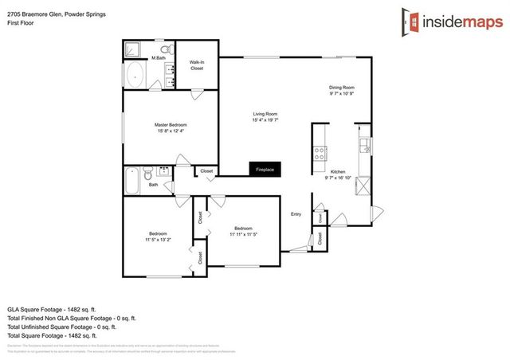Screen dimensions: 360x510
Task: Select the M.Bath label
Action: point(159,57)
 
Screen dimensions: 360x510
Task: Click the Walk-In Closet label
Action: point(196,65)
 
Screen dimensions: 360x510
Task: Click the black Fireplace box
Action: point(264,170)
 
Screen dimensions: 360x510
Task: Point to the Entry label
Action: point(296,213)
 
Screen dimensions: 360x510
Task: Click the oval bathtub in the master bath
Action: point(135,77)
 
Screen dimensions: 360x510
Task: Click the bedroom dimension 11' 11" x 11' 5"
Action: point(244,233)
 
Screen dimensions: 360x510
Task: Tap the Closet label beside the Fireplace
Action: point(206,171)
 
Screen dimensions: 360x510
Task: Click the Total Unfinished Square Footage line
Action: point(61,327)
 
